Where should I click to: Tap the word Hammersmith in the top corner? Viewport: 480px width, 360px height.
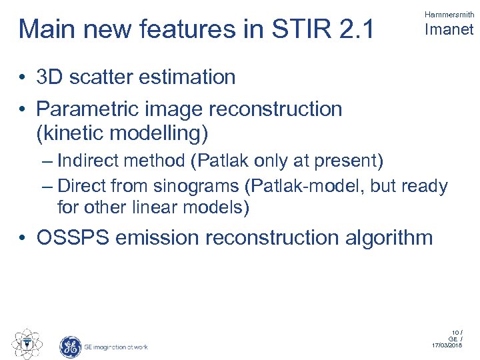(449, 14)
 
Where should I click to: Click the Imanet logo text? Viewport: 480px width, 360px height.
(449, 29)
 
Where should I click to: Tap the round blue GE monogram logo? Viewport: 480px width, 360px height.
(70, 347)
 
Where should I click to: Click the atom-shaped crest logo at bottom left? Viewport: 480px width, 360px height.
(26, 344)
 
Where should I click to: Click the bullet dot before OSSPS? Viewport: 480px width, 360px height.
(23, 238)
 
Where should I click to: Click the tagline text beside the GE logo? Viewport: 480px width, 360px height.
(115, 347)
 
